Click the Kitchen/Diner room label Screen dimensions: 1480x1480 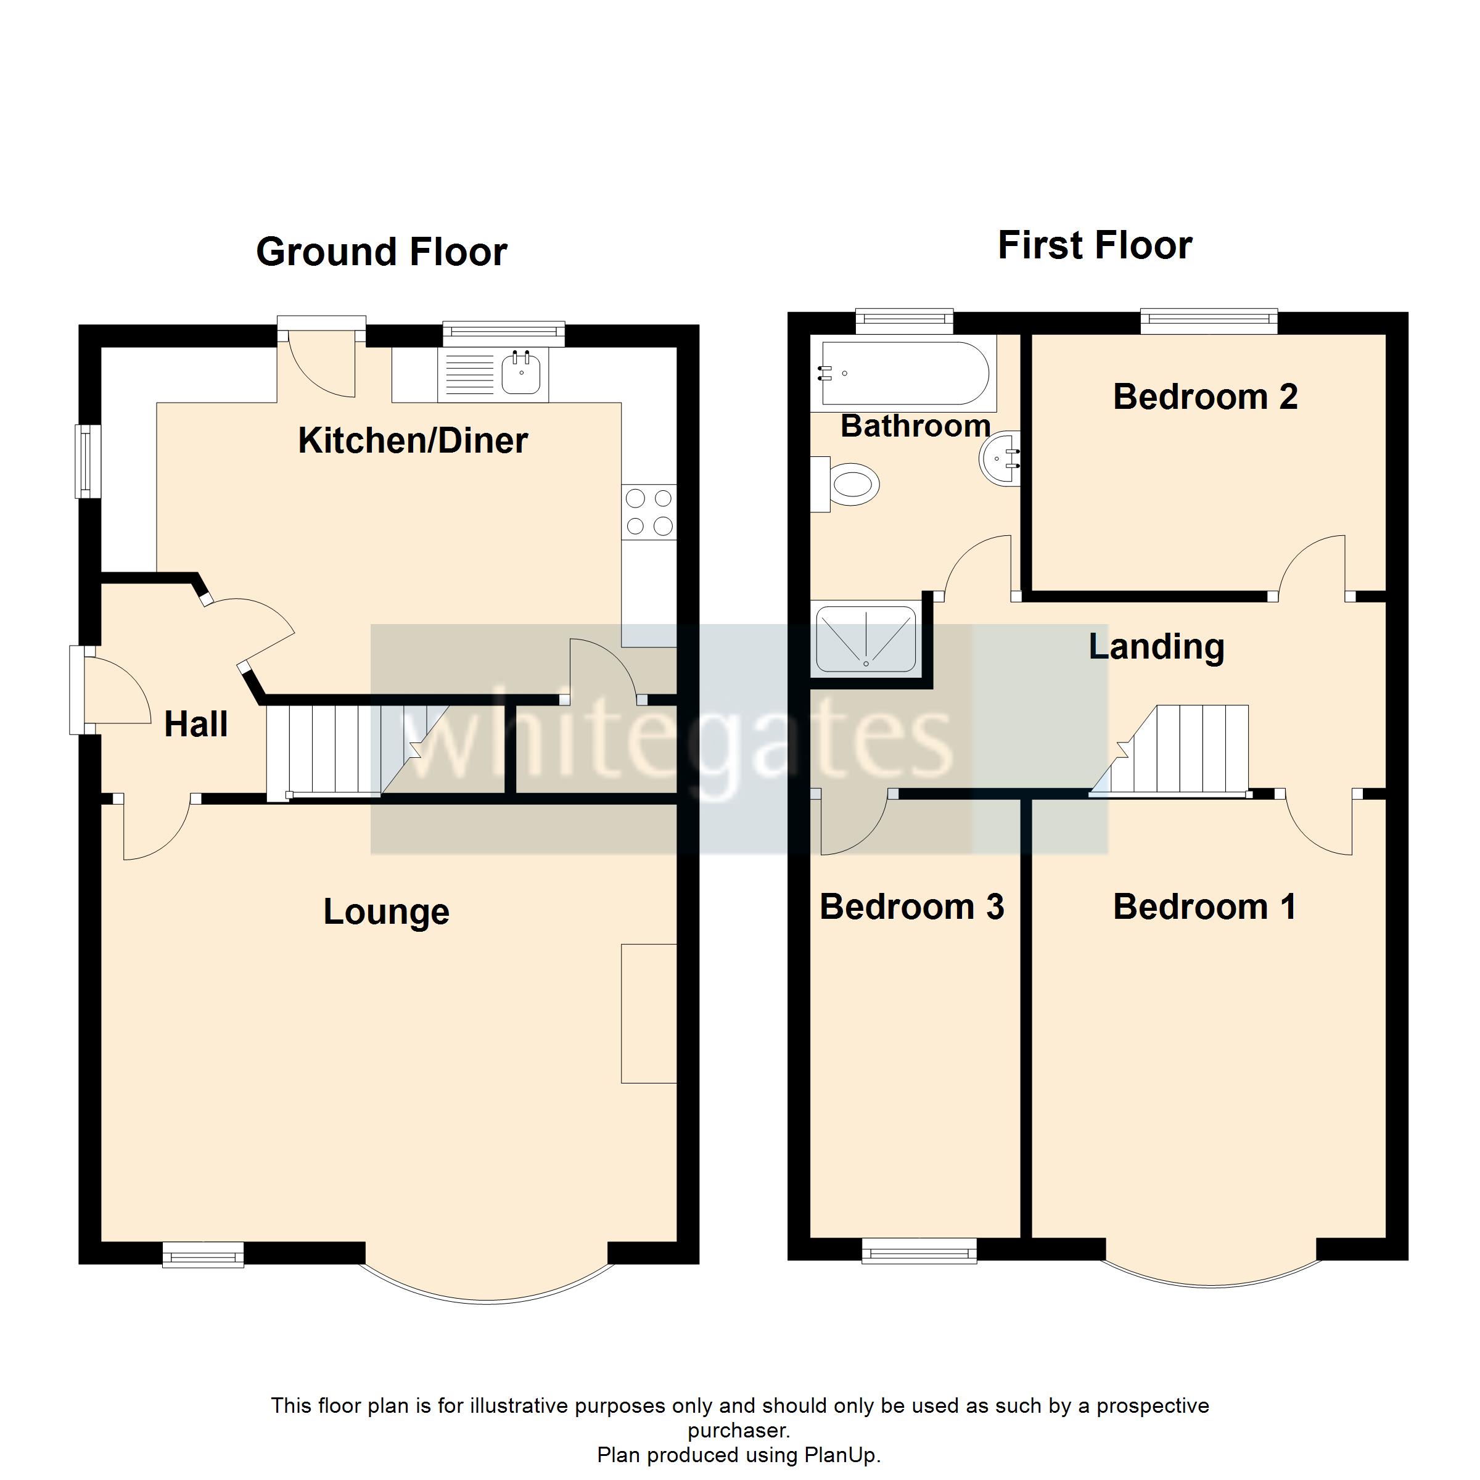[413, 440]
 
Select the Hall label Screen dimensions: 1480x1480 [196, 725]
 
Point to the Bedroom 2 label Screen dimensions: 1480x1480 [1205, 397]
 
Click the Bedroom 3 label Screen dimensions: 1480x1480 [911, 907]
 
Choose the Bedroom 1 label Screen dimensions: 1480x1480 [1204, 907]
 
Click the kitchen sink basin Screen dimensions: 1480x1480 [522, 374]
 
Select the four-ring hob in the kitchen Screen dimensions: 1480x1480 [649, 512]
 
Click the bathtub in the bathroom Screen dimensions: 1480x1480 [905, 373]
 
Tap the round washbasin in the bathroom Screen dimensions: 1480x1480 [1000, 458]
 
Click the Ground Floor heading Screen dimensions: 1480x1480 [382, 252]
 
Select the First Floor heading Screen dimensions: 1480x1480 [1095, 246]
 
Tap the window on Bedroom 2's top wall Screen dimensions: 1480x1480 [1209, 321]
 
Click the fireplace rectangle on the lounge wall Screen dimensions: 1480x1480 [649, 1013]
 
